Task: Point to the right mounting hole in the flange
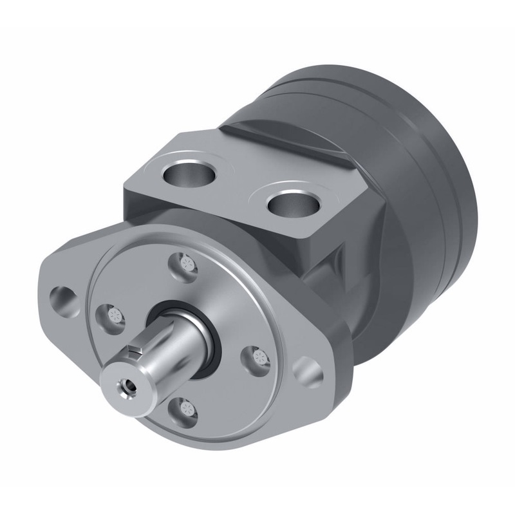point(307,371)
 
